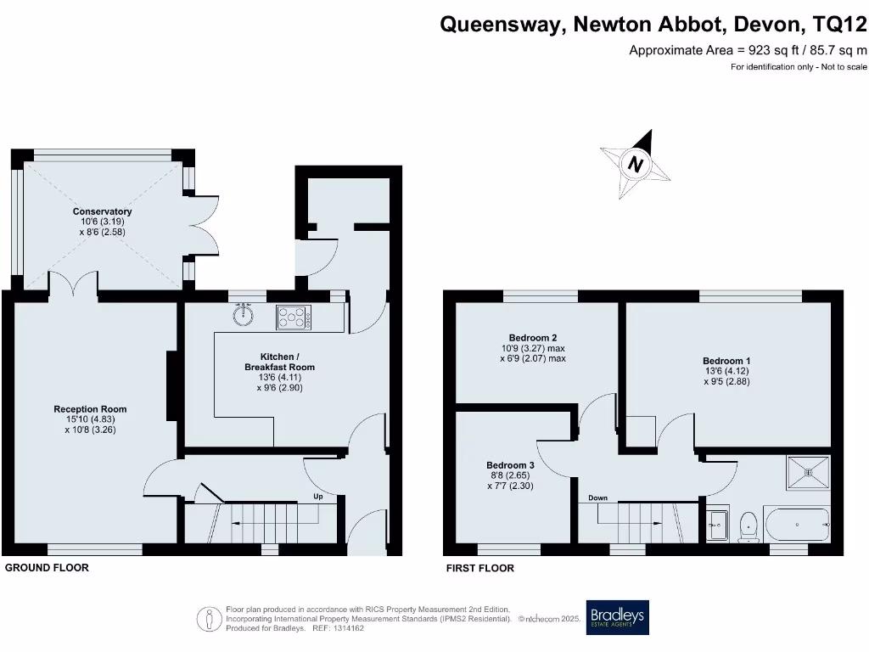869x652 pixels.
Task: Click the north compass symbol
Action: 635,163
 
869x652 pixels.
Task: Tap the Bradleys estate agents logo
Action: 618,617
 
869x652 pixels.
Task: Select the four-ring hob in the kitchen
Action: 294,318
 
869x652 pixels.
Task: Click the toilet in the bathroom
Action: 748,525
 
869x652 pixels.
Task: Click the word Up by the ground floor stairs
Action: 319,497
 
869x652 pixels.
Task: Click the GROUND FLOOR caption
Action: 47,567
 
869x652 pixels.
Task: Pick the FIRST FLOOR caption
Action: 480,568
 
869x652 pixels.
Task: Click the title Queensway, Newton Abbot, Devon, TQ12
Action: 653,25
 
